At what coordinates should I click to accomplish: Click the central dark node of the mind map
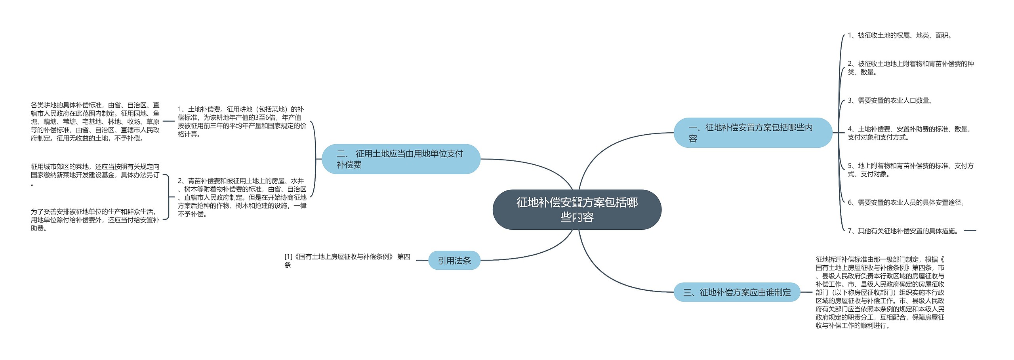pyautogui.click(x=577, y=210)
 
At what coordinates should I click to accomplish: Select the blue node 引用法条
pyautogui.click(x=454, y=261)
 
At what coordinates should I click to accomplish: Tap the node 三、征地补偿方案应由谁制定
pyautogui.click(x=737, y=292)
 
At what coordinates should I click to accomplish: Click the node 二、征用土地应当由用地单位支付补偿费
pyautogui.click(x=401, y=159)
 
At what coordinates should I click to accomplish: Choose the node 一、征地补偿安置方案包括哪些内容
pyautogui.click(x=753, y=133)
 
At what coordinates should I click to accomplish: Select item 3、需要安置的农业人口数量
pyautogui.click(x=890, y=101)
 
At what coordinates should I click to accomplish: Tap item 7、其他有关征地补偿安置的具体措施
pyautogui.click(x=903, y=231)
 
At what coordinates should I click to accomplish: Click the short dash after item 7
pyautogui.click(x=970, y=230)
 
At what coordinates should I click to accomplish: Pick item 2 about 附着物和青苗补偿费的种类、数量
pyautogui.click(x=910, y=68)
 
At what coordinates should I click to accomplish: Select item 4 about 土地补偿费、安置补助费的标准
pyautogui.click(x=909, y=133)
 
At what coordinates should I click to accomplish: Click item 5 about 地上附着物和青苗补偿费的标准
pyautogui.click(x=910, y=170)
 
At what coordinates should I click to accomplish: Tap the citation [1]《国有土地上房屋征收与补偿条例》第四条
pyautogui.click(x=347, y=261)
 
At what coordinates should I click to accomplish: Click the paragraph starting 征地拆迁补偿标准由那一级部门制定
pyautogui.click(x=880, y=292)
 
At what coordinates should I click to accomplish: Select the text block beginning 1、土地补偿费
pyautogui.click(x=242, y=122)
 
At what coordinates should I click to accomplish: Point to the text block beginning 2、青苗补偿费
pyautogui.click(x=242, y=197)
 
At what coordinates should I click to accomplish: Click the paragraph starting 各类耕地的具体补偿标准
pyautogui.click(x=95, y=122)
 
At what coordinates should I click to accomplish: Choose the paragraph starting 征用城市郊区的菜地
pyautogui.click(x=95, y=175)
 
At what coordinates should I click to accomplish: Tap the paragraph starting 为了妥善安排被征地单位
pyautogui.click(x=95, y=220)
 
